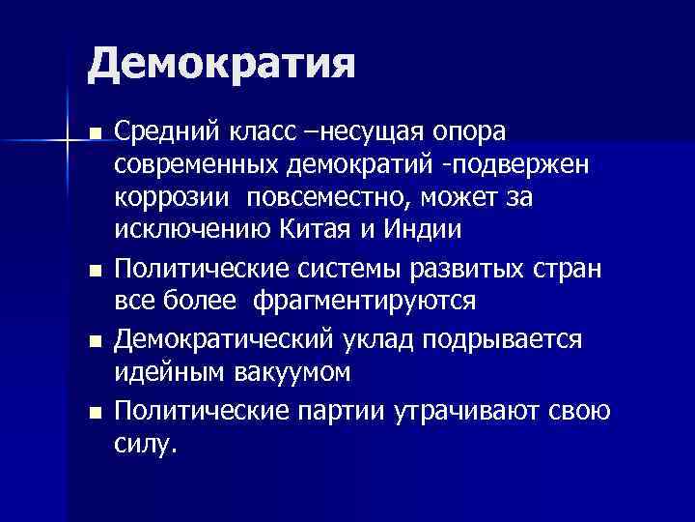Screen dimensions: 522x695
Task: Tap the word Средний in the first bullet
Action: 164,130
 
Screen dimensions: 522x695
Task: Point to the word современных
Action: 199,164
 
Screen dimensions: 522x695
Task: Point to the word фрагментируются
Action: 365,301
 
